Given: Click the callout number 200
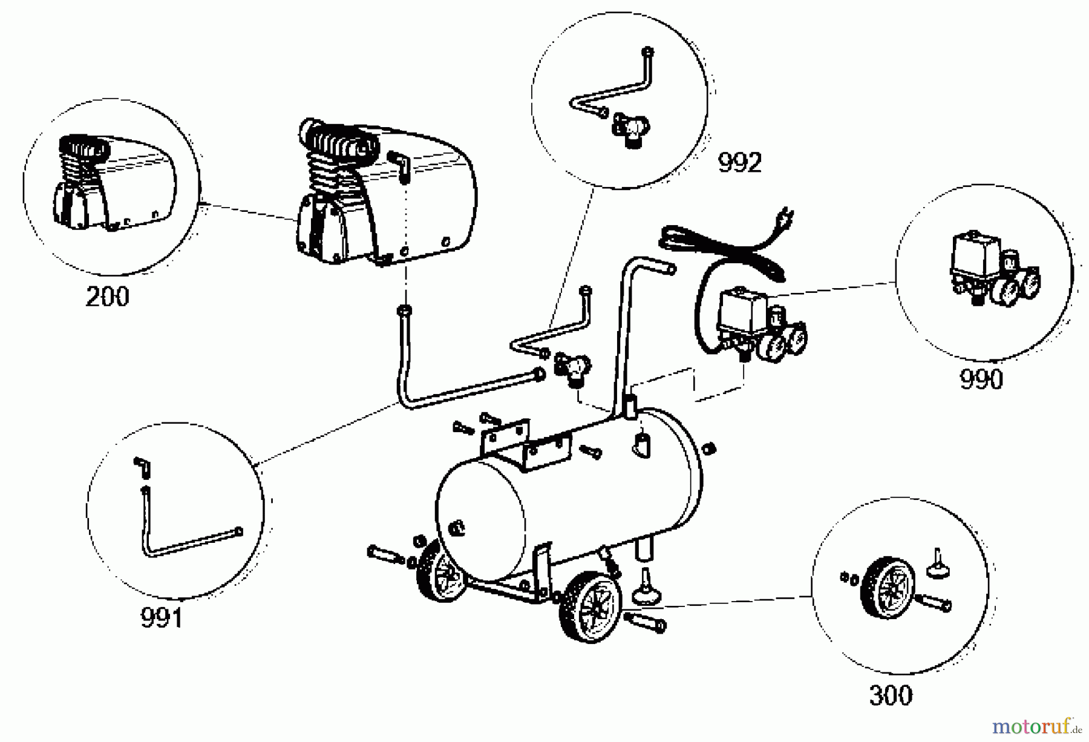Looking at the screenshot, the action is click(108, 297).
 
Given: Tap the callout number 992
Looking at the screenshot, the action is click(739, 162).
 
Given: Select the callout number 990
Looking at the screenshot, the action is click(981, 379).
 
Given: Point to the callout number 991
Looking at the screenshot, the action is click(162, 618).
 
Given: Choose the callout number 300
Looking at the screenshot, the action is click(891, 695).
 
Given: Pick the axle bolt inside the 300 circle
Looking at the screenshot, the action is click(934, 602).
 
